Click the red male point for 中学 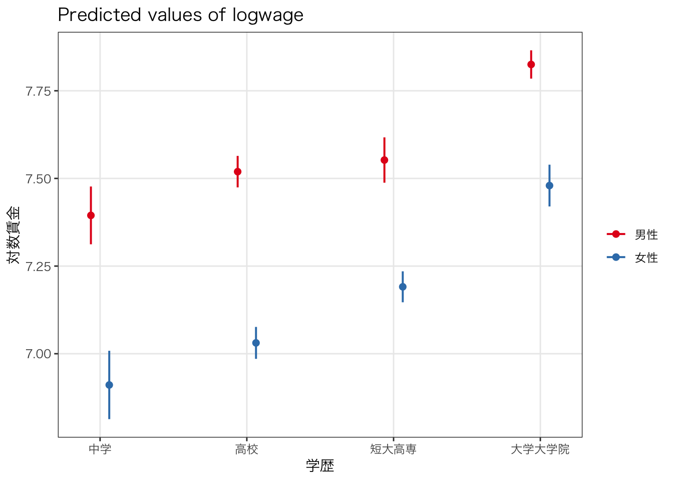coord(91,215)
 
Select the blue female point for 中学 coord(109,385)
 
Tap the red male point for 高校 coord(237,171)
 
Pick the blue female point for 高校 coord(256,343)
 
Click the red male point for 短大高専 coord(384,160)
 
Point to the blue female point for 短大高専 coord(403,287)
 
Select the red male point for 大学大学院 coord(531,64)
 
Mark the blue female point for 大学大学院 coord(549,185)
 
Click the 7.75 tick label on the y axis coord(38,91)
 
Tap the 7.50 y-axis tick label coord(38,179)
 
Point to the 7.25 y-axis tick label coord(38,266)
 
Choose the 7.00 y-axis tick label coord(38,354)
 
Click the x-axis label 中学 coord(100,449)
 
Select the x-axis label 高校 coord(247,449)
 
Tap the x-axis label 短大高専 coord(394,449)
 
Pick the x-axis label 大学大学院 coord(540,449)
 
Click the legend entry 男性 coord(646,234)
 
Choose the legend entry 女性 coord(646,258)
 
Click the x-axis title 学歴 coord(320,466)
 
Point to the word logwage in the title coord(267,16)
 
